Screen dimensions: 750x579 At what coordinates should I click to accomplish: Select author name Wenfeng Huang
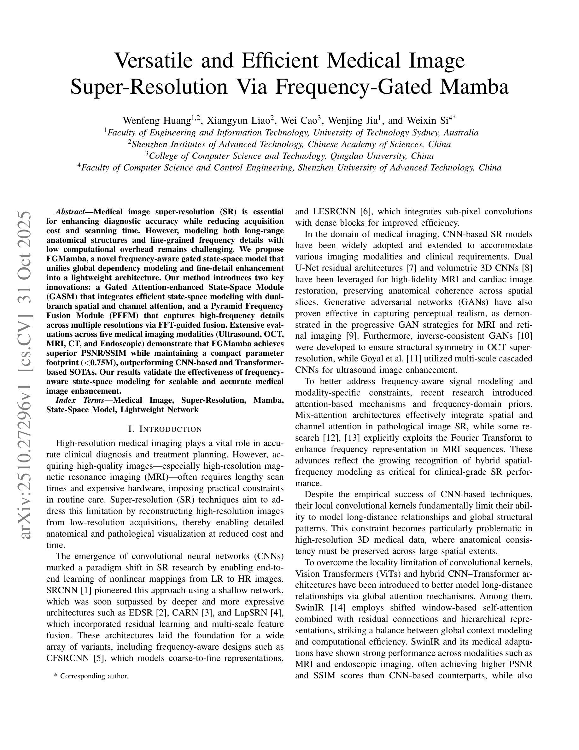point(156,121)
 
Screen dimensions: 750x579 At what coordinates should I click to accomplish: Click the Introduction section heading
point(165,429)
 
